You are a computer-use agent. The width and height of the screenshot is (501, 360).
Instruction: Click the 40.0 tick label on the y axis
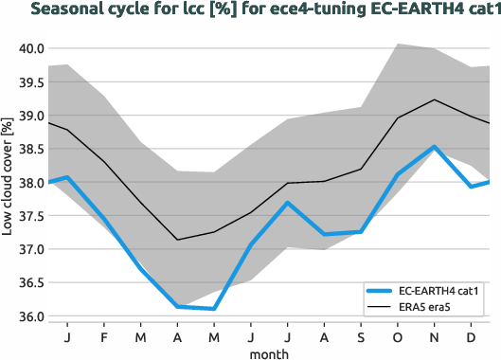tap(30, 48)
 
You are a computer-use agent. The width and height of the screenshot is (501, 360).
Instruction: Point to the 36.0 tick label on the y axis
tap(30, 316)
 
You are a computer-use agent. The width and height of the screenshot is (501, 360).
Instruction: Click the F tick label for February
tap(104, 336)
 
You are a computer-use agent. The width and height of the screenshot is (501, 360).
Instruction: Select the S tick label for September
tap(360, 336)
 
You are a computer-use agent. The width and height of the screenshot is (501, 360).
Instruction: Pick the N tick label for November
tap(433, 336)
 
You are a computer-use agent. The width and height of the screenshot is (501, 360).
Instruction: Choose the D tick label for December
tap(469, 336)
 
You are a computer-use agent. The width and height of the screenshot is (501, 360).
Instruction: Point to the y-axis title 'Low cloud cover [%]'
tap(9, 181)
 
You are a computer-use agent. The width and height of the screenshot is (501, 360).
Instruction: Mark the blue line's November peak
tap(433, 147)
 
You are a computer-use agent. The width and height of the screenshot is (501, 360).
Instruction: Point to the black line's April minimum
tap(177, 240)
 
